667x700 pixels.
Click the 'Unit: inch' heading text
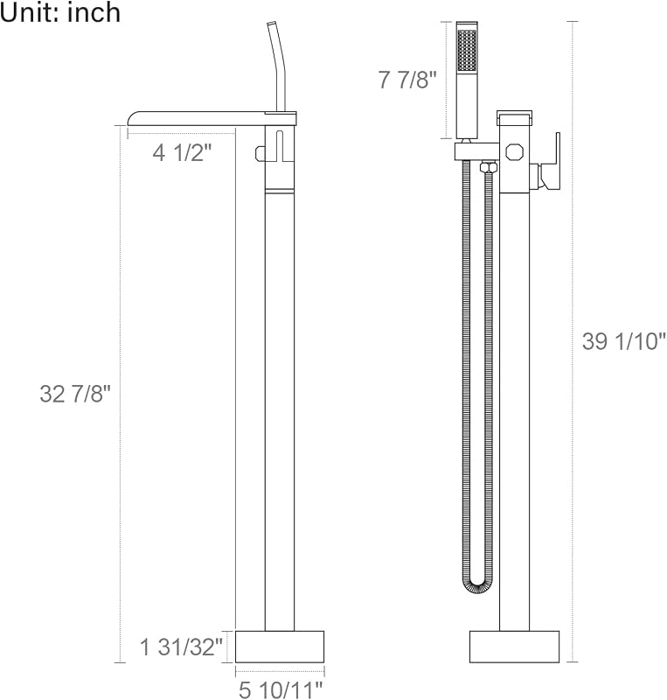click(60, 12)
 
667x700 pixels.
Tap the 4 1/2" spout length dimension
click(181, 153)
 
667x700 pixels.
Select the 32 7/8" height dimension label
click(74, 394)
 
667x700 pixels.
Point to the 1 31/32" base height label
click(181, 647)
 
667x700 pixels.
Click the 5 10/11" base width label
click(281, 689)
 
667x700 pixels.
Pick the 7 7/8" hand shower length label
click(407, 80)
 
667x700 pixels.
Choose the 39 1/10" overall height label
click(623, 341)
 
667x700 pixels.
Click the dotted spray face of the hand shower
click(467, 50)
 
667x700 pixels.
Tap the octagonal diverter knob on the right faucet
click(514, 151)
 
